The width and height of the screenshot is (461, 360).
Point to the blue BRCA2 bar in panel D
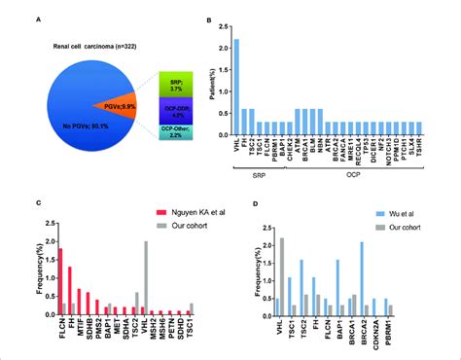point(362,277)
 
